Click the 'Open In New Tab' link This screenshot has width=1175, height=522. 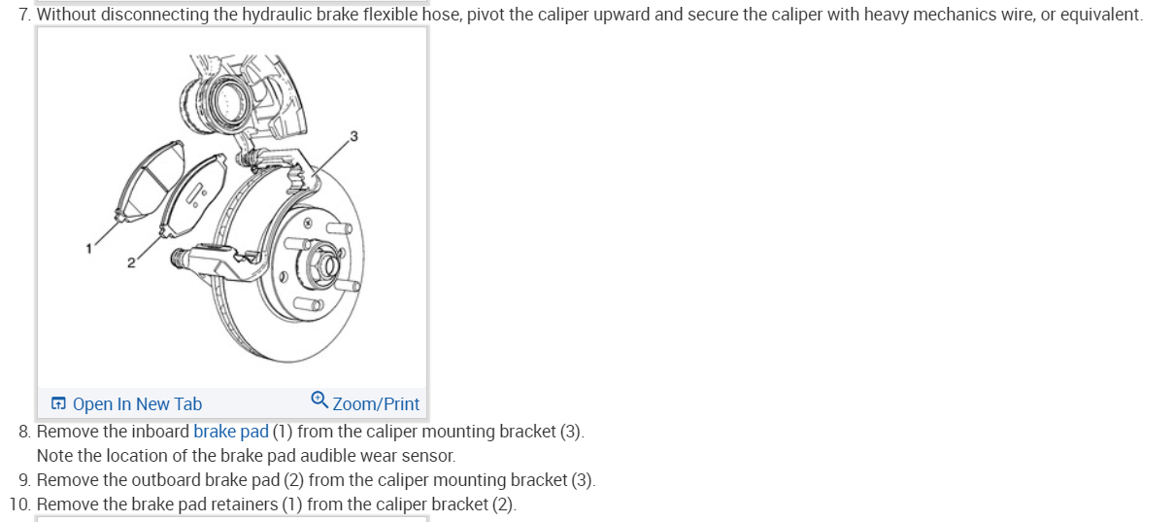click(137, 404)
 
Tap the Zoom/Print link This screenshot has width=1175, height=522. click(376, 404)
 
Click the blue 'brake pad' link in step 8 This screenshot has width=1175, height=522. click(231, 431)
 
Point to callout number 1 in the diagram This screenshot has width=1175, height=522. click(88, 248)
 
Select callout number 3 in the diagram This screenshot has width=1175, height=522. click(354, 135)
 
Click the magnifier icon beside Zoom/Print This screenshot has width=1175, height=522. click(319, 400)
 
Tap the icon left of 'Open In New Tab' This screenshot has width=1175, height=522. click(59, 404)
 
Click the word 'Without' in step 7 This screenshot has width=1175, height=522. click(66, 15)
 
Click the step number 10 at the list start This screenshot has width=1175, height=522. click(19, 505)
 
